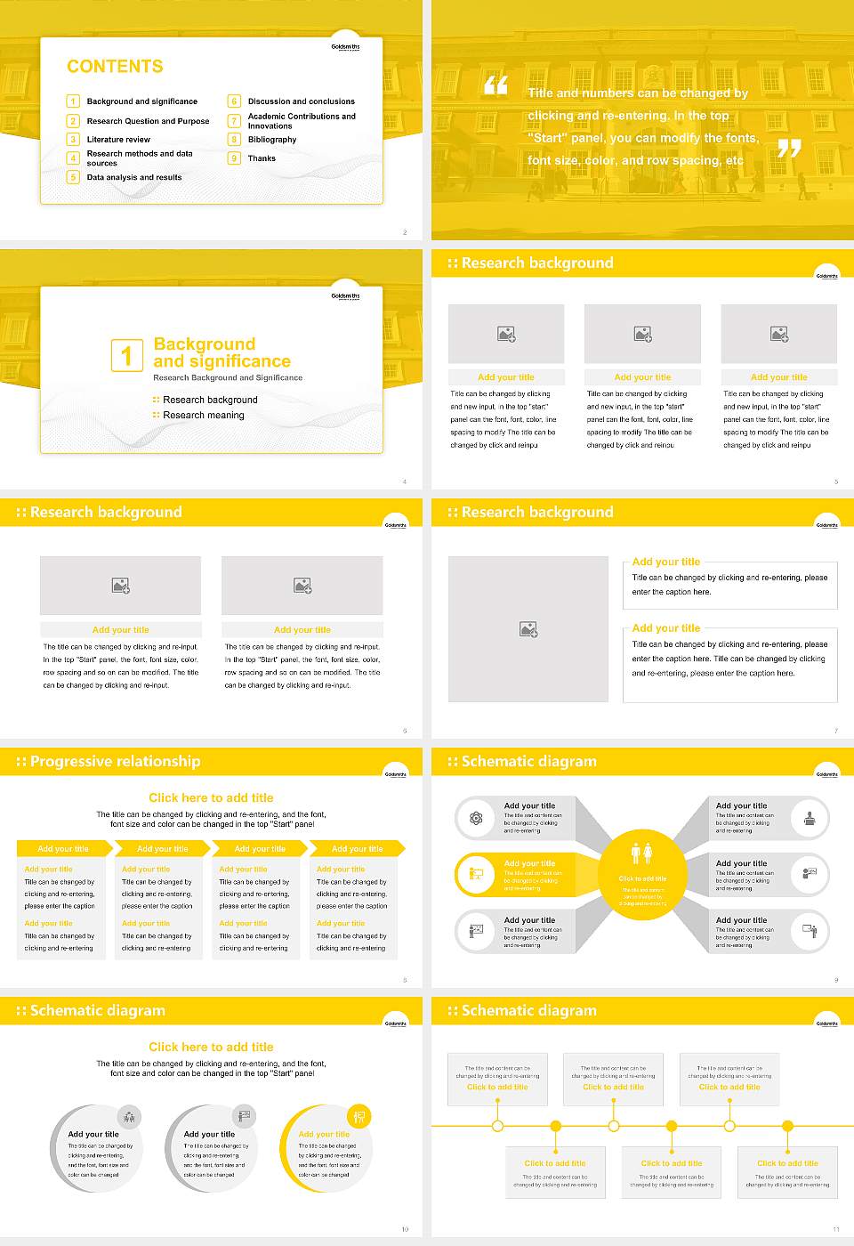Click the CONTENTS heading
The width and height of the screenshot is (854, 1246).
point(115,67)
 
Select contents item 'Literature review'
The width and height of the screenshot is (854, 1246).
point(118,140)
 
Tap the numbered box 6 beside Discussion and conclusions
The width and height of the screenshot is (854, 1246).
point(234,101)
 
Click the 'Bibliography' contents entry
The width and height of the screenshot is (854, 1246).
point(272,140)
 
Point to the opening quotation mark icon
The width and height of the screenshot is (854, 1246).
point(495,85)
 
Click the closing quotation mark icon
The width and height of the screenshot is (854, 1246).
point(789,148)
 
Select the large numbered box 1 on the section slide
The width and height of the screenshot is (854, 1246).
point(126,355)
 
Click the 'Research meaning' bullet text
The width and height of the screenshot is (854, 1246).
point(204,416)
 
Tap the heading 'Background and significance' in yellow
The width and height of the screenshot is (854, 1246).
point(222,352)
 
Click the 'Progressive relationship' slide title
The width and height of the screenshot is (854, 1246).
point(115,761)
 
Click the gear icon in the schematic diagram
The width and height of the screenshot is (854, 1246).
point(476,818)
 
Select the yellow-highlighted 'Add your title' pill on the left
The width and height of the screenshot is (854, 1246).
point(525,875)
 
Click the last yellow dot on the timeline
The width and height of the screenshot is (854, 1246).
point(787,1126)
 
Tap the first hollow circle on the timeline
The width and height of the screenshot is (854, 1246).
point(497,1126)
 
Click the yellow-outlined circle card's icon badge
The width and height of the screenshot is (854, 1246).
point(359,1116)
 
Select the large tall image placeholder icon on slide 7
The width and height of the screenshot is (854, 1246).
point(528,629)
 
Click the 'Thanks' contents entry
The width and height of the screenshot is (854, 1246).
point(262,158)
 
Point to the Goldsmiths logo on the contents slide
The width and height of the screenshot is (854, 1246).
point(345,47)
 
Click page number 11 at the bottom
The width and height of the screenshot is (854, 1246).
point(835,1229)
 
